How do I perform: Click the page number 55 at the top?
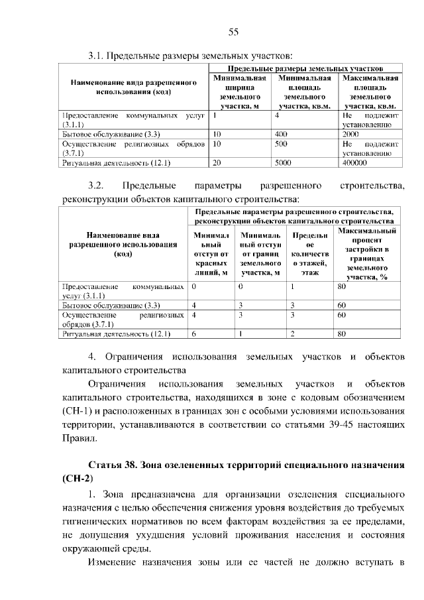click(233, 32)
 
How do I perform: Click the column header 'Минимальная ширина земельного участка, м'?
click(240, 91)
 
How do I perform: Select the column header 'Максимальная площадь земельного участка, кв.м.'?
click(370, 91)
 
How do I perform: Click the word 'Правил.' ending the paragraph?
click(79, 438)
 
